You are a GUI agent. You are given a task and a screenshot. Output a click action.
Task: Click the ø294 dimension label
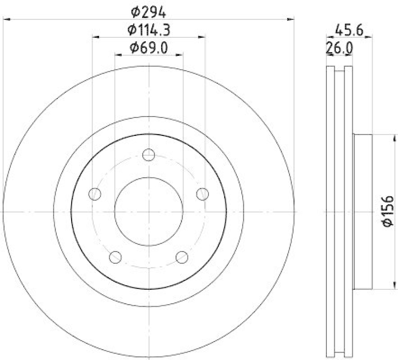(x=149, y=9)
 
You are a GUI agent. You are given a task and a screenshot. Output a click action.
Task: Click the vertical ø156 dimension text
(x=389, y=213)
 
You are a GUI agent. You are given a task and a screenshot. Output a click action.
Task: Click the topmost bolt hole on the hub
(x=149, y=155)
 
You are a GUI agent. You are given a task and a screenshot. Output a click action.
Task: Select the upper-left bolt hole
(x=95, y=194)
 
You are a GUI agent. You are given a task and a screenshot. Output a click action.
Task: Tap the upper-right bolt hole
(x=202, y=194)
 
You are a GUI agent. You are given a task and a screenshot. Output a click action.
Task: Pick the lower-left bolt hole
(x=115, y=257)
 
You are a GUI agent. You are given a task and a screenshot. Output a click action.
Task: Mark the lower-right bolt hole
(x=182, y=257)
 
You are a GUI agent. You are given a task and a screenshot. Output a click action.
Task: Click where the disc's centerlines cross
(x=149, y=212)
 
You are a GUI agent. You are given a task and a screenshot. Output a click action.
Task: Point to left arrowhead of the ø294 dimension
(x=6, y=19)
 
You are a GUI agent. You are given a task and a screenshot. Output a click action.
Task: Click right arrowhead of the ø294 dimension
(x=292, y=19)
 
